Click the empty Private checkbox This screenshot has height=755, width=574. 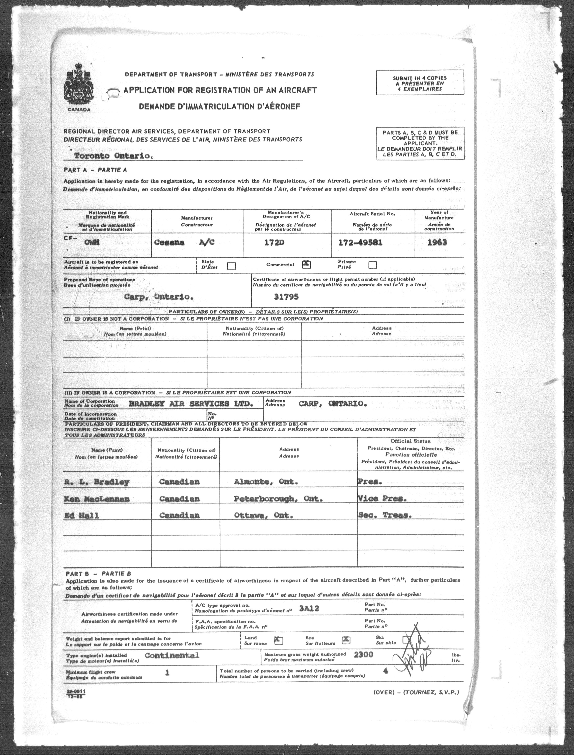(373, 265)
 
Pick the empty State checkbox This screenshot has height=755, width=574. (231, 266)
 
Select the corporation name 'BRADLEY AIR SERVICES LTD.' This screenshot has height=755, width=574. (191, 404)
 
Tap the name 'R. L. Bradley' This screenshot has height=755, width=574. (97, 482)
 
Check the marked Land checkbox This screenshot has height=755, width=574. (279, 640)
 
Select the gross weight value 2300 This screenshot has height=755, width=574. (364, 655)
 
